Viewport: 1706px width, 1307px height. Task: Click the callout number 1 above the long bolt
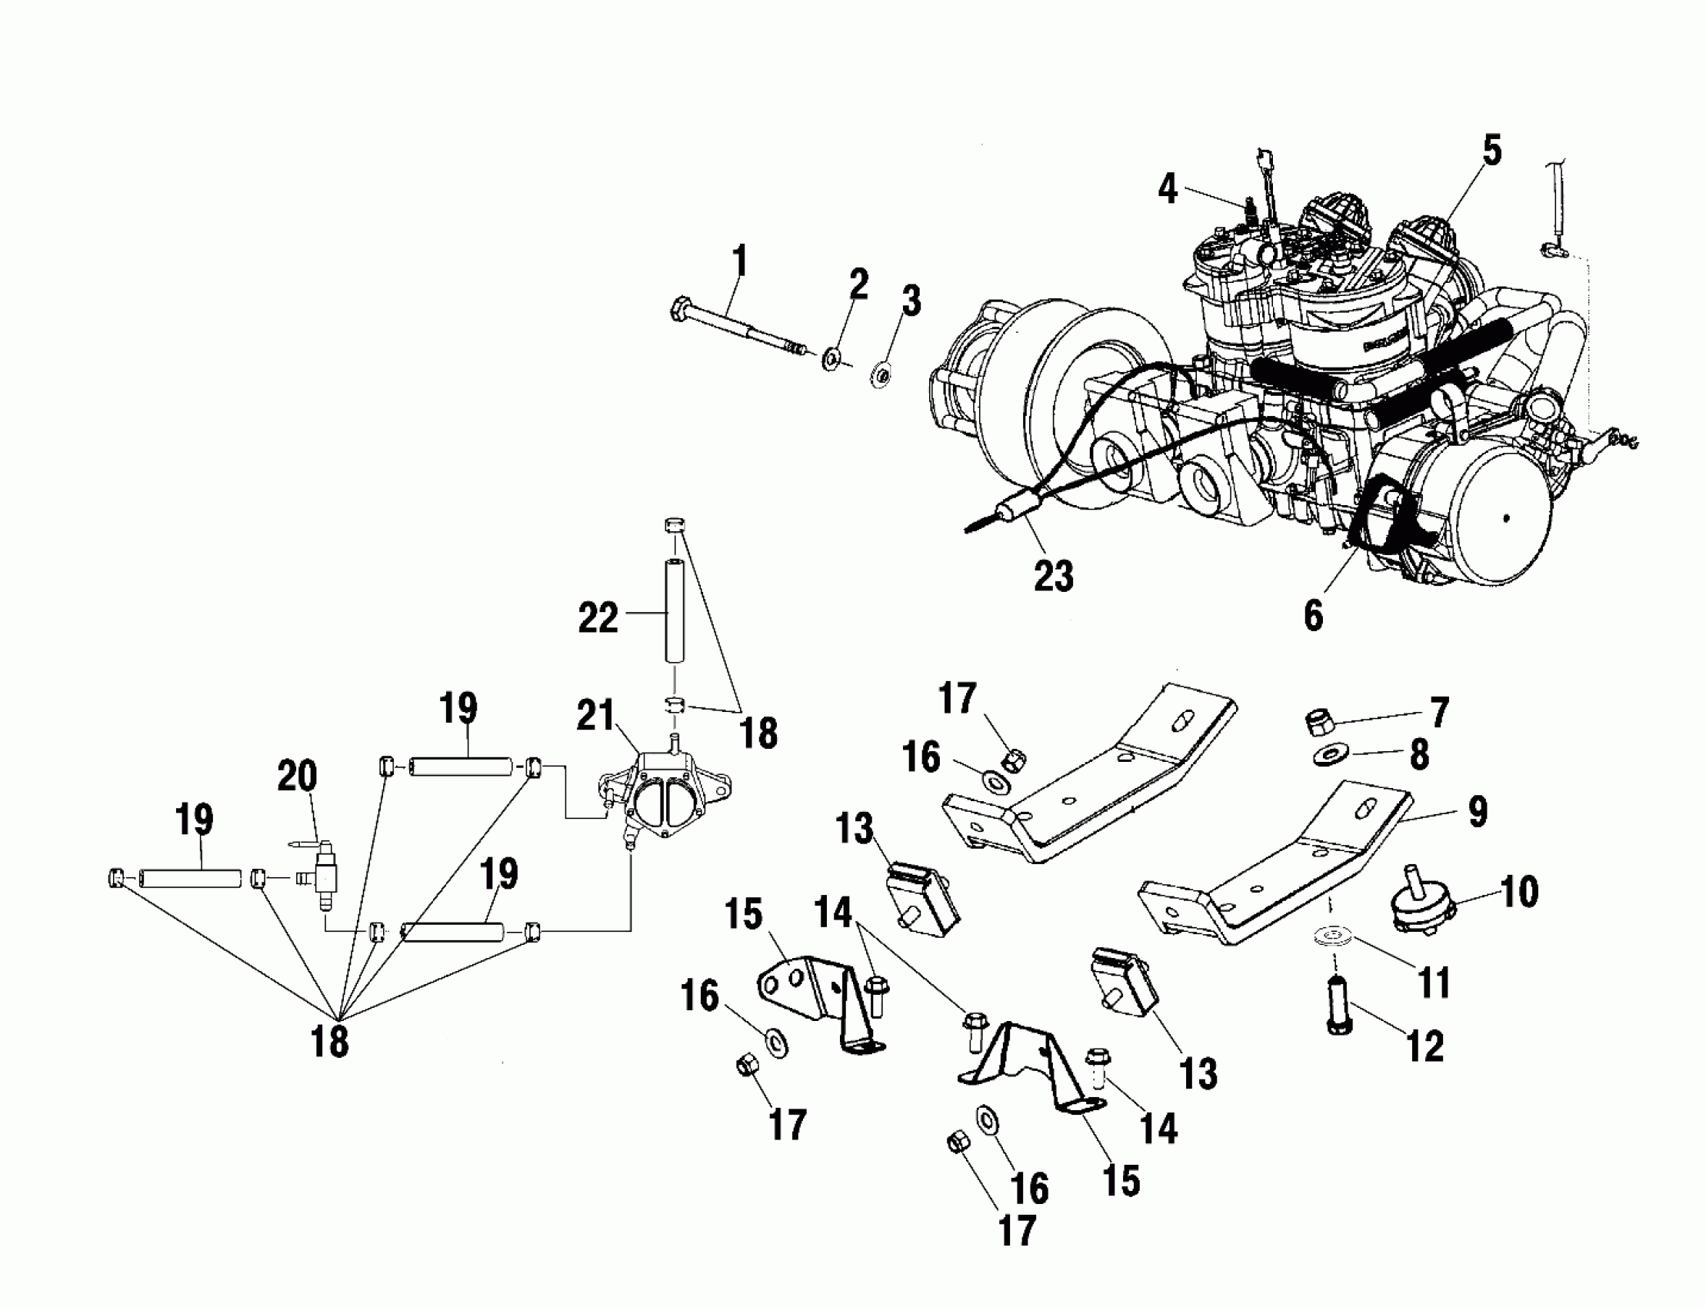[740, 261]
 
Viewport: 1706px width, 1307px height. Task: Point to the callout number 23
[1053, 577]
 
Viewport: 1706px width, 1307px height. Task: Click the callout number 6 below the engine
[1313, 615]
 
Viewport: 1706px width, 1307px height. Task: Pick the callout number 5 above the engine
[1491, 150]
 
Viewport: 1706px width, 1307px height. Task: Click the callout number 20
[298, 777]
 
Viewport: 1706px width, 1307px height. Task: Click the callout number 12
[1425, 1046]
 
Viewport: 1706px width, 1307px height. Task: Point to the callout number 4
[1168, 189]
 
